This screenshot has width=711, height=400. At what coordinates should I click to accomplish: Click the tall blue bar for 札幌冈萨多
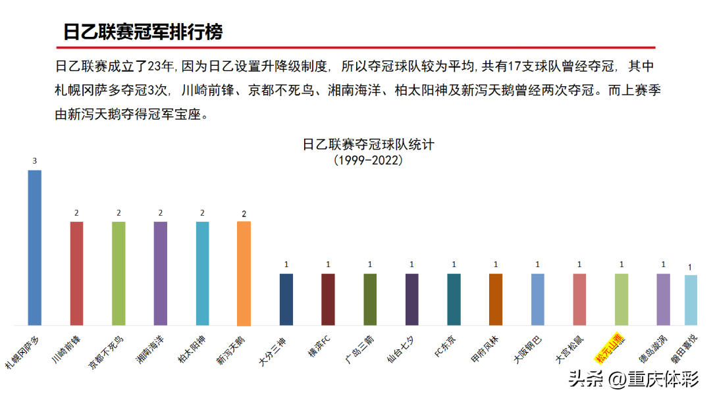coord(34,247)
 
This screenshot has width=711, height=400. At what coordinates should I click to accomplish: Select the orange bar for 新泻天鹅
coord(244,273)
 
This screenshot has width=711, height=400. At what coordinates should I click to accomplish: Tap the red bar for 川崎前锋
coord(76,273)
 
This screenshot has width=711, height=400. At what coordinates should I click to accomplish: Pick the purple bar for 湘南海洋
coord(161,273)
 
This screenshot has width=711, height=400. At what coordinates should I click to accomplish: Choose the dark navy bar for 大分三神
coord(286,299)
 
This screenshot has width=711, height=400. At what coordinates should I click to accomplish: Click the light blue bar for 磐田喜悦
coord(691,300)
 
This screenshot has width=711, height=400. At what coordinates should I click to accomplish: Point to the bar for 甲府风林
coord(496,299)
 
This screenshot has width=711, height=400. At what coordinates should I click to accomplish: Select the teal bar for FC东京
coord(454,299)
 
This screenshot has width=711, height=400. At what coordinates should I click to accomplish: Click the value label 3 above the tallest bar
coord(34,161)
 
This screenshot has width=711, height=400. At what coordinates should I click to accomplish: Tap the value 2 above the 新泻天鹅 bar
coord(244,214)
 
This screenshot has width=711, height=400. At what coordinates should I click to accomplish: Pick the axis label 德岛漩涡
coord(651,349)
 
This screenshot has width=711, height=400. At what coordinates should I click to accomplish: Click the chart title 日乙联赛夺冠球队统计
coord(368,144)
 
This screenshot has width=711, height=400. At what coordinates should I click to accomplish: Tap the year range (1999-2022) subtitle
coord(368,160)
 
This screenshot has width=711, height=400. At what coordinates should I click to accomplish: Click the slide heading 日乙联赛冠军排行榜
coord(143,32)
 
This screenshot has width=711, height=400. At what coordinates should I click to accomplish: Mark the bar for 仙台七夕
coord(412,299)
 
